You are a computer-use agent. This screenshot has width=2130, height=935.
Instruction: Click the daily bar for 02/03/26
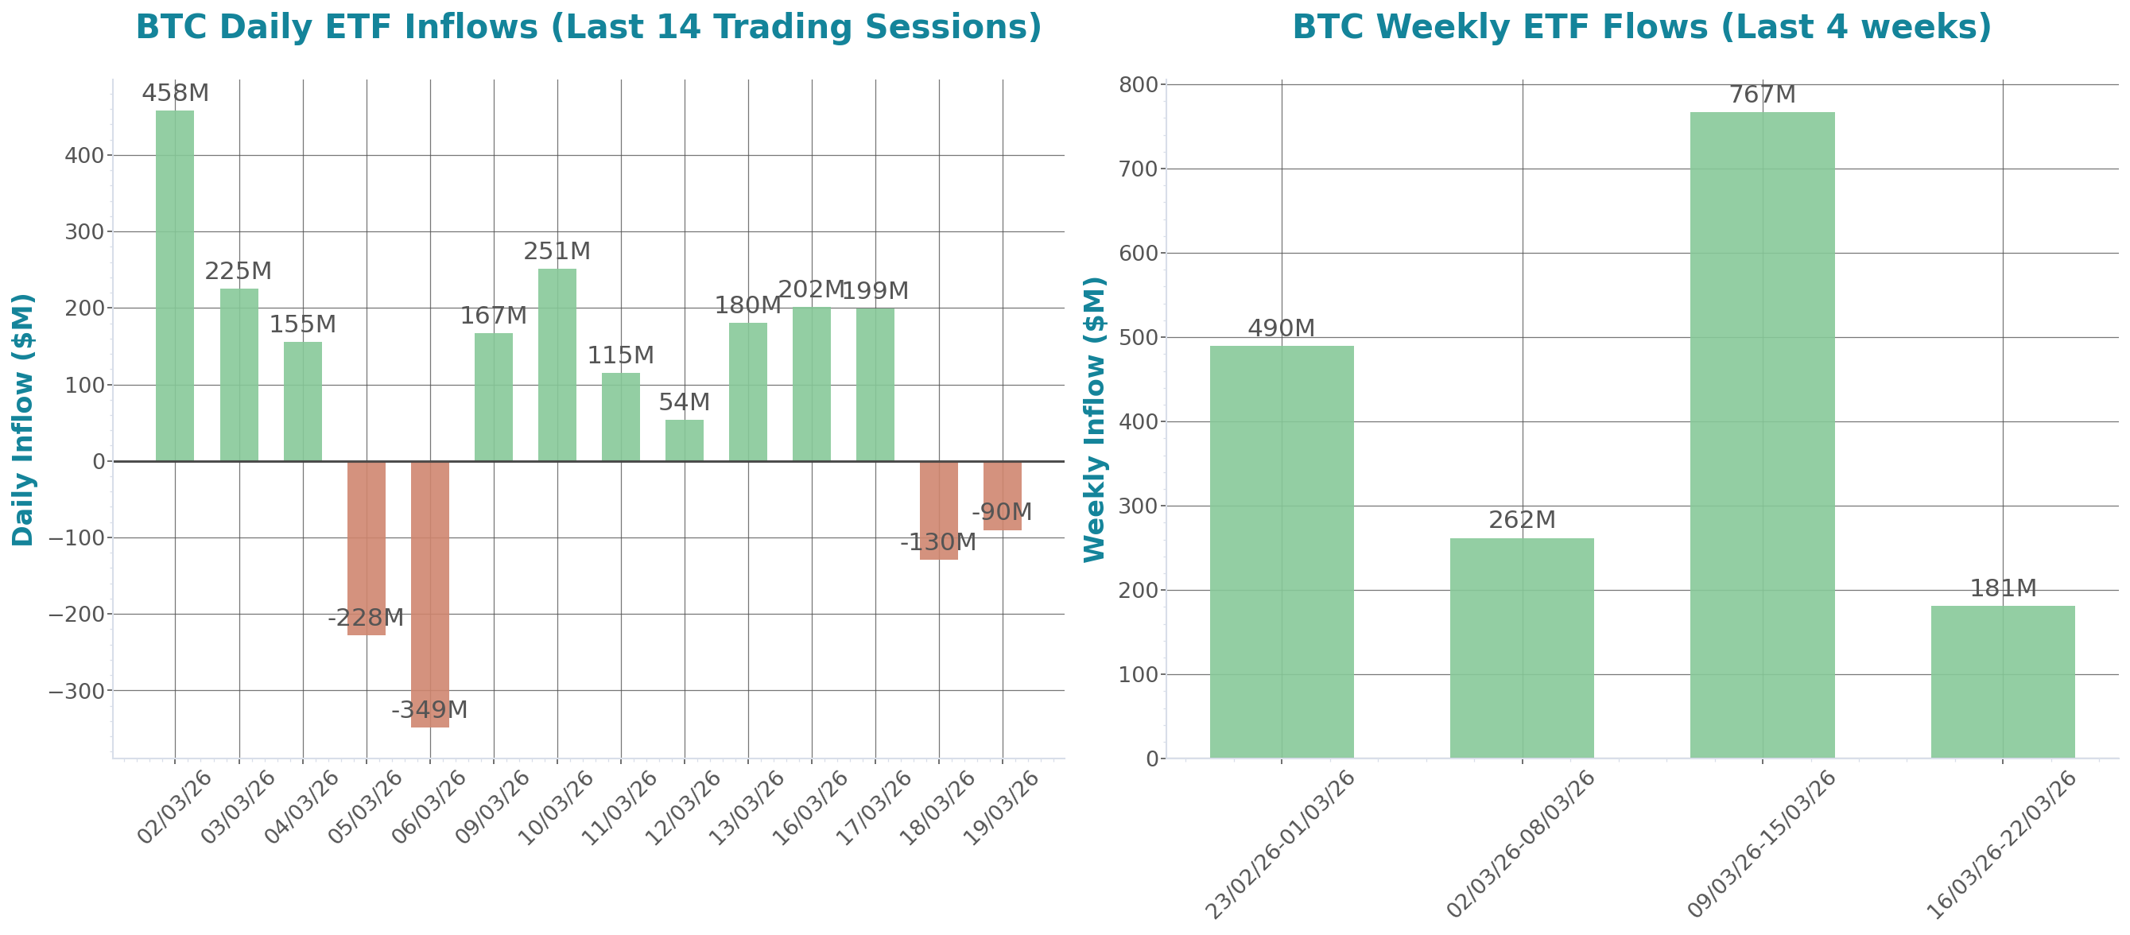coord(175,285)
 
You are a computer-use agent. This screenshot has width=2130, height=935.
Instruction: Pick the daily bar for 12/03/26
coord(685,440)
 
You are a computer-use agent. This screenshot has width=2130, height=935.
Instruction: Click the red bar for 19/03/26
coord(1002,495)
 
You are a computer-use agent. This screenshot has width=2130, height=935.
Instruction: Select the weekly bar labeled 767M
coord(1762,434)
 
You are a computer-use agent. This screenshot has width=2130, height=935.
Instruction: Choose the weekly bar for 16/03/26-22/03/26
coord(2003,681)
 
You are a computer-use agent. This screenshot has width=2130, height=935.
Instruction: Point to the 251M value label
coord(557,250)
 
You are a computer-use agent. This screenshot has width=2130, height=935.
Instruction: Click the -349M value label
coord(429,709)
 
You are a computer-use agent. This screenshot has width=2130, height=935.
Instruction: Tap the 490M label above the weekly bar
coord(1281,328)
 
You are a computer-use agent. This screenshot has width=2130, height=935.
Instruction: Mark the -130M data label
coord(937,542)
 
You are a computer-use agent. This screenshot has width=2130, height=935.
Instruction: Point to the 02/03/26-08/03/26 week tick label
coord(1519,844)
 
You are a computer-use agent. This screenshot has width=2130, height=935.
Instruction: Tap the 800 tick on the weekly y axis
coord(1139,84)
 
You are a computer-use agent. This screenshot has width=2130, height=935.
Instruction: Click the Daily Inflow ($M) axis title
coord(22,419)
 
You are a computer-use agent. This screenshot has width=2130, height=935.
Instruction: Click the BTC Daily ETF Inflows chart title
coord(588,26)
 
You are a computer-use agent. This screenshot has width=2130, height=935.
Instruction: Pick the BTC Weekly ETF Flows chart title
coord(1641,26)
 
